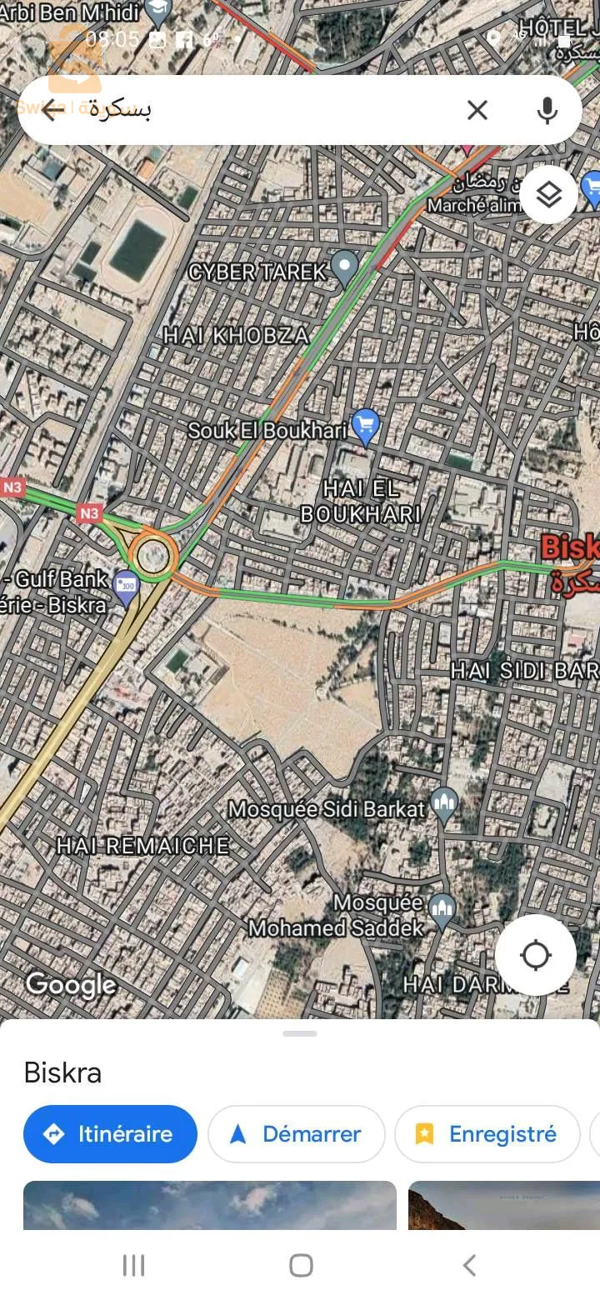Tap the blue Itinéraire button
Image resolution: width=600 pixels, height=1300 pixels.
(x=110, y=1134)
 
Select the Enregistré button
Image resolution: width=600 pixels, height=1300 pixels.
(x=487, y=1134)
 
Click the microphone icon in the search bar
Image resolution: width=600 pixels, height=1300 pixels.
(x=547, y=110)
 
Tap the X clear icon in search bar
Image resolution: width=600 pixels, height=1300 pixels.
(x=477, y=110)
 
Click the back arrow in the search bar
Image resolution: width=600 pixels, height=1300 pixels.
(x=52, y=110)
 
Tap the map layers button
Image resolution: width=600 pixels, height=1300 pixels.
(x=548, y=195)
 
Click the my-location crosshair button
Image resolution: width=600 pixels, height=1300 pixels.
(x=535, y=955)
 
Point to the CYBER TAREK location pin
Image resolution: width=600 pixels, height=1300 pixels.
(x=343, y=267)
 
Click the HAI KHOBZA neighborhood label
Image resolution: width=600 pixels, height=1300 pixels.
(x=236, y=336)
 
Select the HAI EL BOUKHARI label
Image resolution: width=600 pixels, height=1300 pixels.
(x=360, y=502)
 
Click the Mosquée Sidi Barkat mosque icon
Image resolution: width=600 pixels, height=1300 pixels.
(x=445, y=804)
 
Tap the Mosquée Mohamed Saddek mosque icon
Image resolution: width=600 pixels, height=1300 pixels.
(x=442, y=910)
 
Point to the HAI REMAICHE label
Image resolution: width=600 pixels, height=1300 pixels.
(x=142, y=846)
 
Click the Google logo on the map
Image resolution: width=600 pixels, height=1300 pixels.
(x=71, y=985)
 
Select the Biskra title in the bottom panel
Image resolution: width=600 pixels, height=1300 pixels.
(x=62, y=1072)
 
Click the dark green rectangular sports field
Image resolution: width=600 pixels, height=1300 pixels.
(x=138, y=250)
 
